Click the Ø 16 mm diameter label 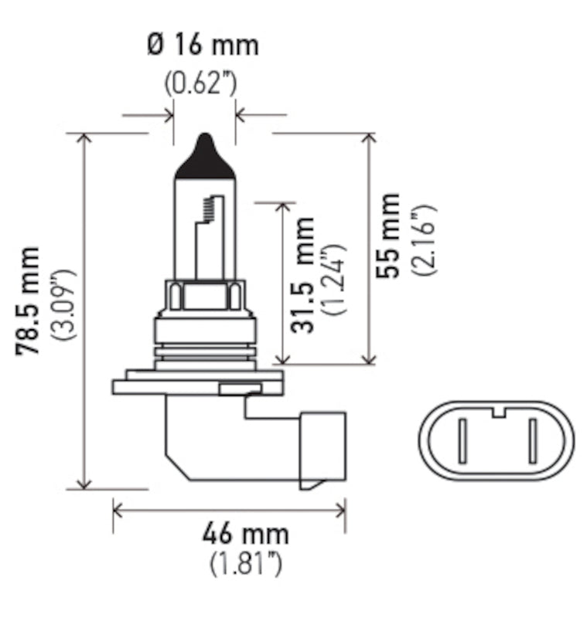point(203,45)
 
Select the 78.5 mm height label point(29,301)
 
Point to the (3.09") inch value point(63,305)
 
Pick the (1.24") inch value point(336,278)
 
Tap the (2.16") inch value point(423,240)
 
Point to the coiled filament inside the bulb point(206,208)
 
